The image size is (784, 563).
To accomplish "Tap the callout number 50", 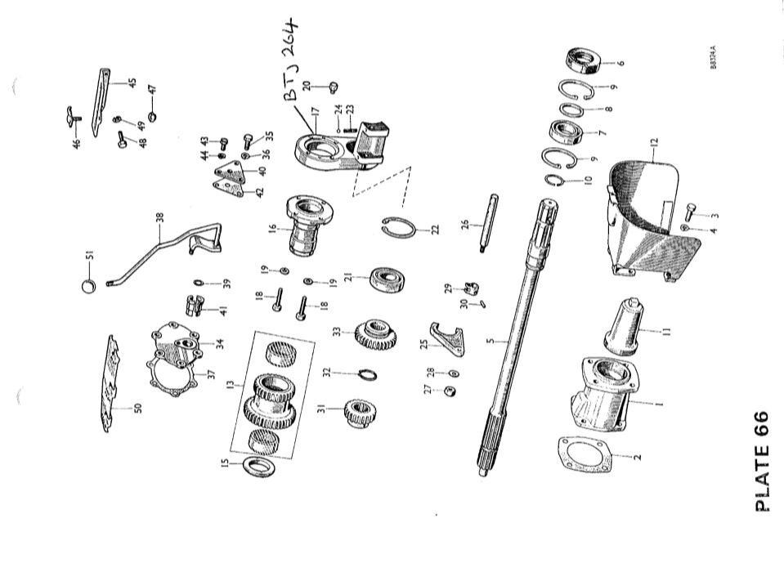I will pos(138,406).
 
